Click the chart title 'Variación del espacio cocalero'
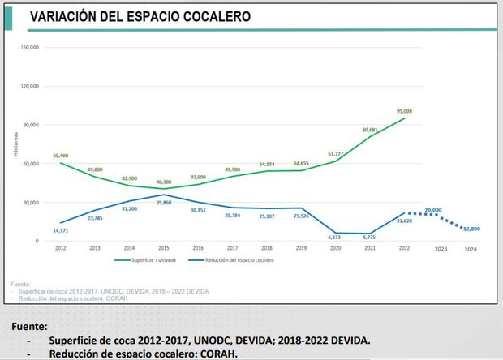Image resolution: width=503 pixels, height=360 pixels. pos(140,16)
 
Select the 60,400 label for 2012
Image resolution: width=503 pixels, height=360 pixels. pos(60,156)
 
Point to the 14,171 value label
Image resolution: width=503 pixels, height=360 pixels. pos(62,231)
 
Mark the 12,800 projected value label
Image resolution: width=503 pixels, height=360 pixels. pos(471,229)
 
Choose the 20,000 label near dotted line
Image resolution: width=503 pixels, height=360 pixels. pos(432,210)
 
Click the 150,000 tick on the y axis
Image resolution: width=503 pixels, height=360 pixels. pos(29,47)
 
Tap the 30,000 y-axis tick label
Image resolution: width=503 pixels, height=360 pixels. pos(31,203)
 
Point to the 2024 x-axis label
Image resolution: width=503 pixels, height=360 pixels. pos(471,249)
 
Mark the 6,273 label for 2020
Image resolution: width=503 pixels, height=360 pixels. pos(335,237)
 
